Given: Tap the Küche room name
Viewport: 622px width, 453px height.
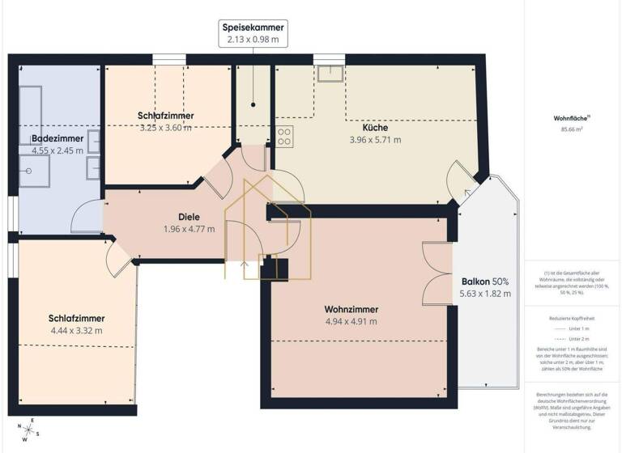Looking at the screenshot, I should click(374, 128).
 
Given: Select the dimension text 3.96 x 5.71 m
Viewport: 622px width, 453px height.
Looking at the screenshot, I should click(374, 140).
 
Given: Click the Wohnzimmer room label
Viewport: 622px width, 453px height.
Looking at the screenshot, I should click(351, 309).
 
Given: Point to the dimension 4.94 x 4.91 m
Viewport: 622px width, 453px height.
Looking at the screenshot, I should click(351, 322).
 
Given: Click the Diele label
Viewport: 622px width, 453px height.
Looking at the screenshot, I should click(189, 217).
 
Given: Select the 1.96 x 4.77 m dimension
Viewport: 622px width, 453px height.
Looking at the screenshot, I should click(189, 229).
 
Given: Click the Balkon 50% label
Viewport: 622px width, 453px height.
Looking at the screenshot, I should click(485, 282).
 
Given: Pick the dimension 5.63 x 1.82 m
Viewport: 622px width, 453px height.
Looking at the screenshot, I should click(485, 294).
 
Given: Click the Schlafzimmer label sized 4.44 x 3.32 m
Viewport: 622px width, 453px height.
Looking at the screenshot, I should click(76, 318).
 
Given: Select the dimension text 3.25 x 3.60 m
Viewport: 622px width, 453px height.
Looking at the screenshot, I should click(165, 127).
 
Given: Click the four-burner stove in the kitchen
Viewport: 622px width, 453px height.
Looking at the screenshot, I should click(285, 137).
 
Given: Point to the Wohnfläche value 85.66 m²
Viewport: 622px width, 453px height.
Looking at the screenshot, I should click(573, 129).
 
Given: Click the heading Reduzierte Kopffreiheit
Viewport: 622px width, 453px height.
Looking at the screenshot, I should click(573, 320).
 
